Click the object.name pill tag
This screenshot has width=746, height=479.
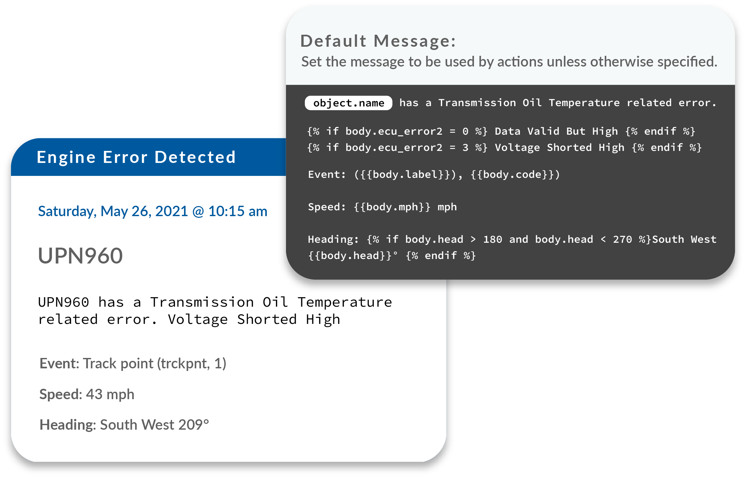[x=348, y=103]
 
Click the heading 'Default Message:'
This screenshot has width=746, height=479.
[x=378, y=41]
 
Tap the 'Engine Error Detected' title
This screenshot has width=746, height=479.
[x=136, y=157]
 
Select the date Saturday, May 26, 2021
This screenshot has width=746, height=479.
[x=113, y=211]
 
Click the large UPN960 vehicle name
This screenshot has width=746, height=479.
[x=80, y=256]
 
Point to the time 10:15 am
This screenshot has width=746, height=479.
[x=238, y=211]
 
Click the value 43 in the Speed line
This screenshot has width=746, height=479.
[x=94, y=394]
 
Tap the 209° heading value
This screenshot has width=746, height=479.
[x=193, y=425]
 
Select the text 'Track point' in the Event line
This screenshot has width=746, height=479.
[x=118, y=363]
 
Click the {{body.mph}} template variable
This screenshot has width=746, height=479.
[x=392, y=207]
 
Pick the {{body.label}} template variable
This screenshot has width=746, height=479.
[x=405, y=175]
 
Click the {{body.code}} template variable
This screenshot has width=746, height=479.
[x=512, y=175]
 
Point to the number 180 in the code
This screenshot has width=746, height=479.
[x=492, y=239]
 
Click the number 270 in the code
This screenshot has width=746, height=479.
[x=622, y=239]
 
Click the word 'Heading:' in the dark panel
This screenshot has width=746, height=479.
[x=333, y=239]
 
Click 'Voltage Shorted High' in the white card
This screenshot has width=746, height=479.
[x=254, y=320]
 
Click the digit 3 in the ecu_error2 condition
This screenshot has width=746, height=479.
[x=465, y=148]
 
